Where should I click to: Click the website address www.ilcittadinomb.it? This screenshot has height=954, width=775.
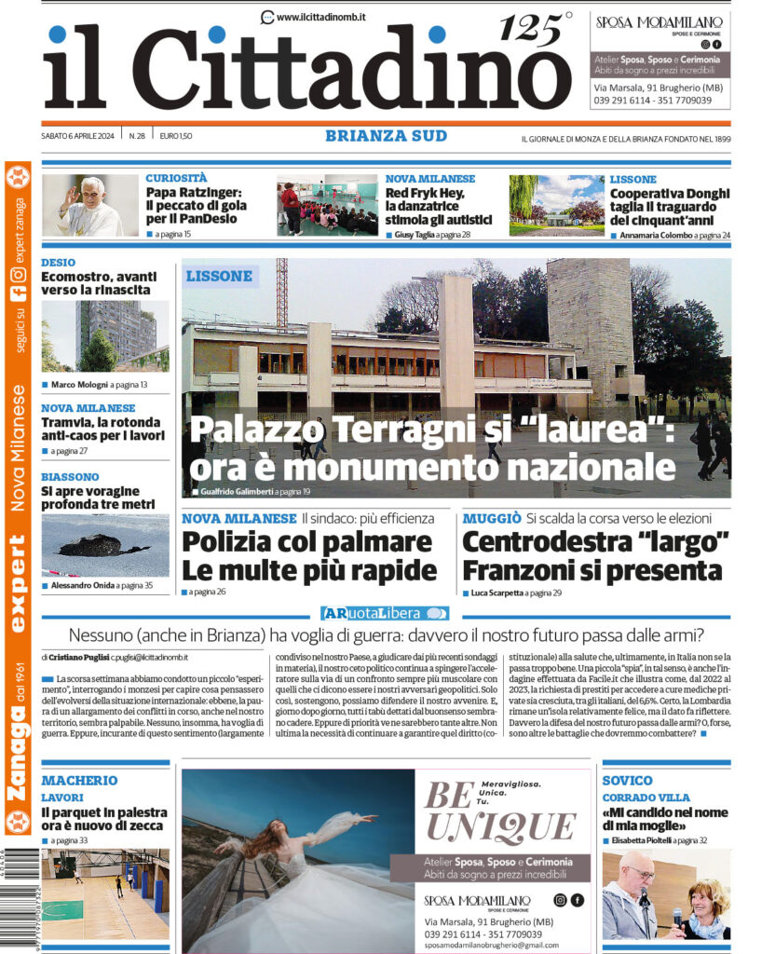[320, 17]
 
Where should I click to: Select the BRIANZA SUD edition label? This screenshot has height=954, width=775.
[386, 136]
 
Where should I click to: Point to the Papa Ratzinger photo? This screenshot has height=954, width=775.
[89, 205]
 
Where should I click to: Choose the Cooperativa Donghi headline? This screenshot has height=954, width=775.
[669, 206]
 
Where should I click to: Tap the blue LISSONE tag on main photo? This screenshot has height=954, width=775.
[219, 276]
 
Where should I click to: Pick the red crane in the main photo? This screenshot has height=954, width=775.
[281, 290]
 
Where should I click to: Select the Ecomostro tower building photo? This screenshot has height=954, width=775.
[103, 334]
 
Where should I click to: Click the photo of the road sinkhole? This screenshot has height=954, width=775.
[104, 545]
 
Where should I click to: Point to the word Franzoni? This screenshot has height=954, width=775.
[529, 569]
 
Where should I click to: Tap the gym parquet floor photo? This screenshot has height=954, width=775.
[104, 893]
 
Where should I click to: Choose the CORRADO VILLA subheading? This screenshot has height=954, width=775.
[646, 797]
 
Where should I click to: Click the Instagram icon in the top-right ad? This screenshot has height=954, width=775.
[705, 44]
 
